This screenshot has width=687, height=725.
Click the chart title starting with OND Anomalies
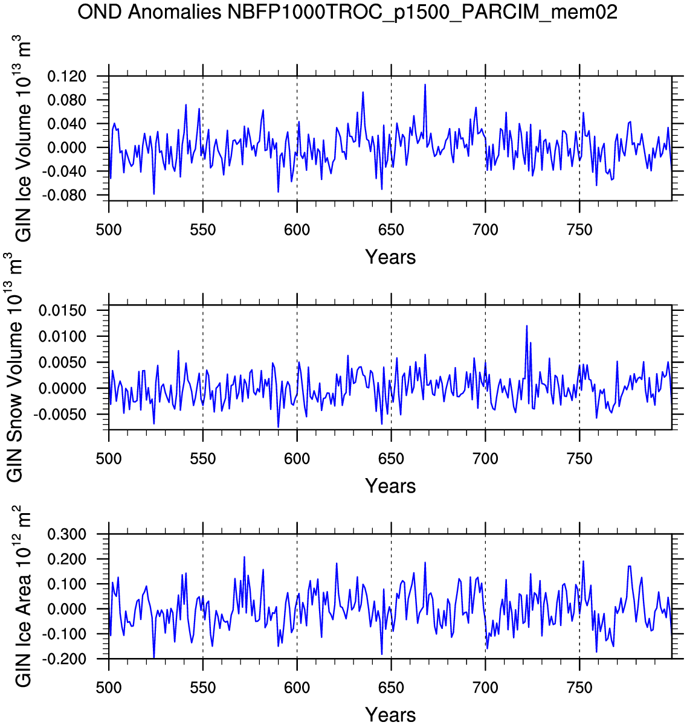tap(347, 12)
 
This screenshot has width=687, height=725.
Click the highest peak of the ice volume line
tap(425, 85)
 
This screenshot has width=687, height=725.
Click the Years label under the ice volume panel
tap(390, 257)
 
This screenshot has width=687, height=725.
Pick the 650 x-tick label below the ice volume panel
tap(391, 230)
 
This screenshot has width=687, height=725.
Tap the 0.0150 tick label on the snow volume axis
tap(63, 310)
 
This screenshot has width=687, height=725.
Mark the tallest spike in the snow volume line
tap(527, 326)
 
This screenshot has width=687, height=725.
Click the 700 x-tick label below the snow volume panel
tap(485, 459)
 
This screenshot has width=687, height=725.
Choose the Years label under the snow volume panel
tap(390, 486)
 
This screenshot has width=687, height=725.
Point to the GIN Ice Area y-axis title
tap(23, 596)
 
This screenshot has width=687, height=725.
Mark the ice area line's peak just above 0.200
tap(244, 557)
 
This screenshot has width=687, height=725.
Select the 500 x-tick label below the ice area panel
tap(109, 688)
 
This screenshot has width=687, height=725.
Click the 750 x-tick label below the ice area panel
tap(579, 688)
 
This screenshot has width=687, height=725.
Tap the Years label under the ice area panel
tap(390, 715)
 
